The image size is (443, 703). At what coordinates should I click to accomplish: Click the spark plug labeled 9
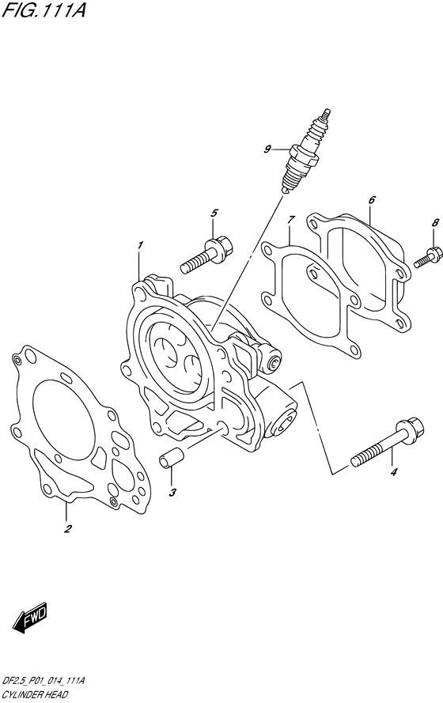[305, 152]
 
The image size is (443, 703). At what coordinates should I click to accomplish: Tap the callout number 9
[267, 149]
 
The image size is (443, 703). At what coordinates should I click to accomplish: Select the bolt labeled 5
[207, 255]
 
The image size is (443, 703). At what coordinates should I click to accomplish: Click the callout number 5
[214, 213]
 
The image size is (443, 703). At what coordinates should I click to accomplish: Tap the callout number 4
[394, 472]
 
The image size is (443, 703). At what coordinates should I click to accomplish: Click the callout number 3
[172, 493]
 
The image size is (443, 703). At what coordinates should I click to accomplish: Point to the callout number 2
[67, 529]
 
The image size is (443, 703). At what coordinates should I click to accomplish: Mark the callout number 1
[140, 245]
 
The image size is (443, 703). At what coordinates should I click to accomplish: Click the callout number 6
[372, 200]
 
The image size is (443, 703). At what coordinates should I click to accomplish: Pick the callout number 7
[290, 220]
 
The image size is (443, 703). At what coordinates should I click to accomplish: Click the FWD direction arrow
[29, 617]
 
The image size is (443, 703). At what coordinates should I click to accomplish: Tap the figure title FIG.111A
[44, 9]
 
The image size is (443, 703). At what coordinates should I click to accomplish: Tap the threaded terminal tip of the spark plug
[326, 114]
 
